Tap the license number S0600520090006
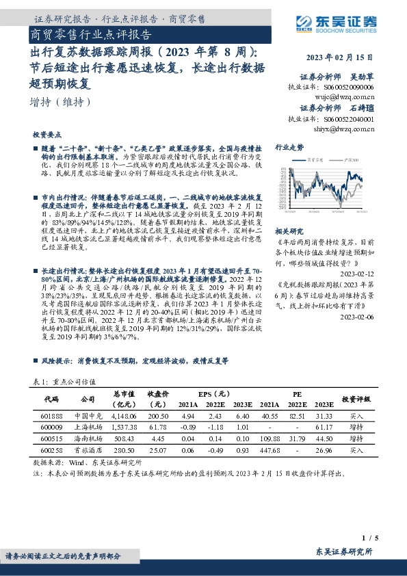(349, 88)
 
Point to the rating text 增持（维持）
(61, 103)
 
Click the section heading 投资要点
(47, 135)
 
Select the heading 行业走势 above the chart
(289, 148)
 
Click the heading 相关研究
(289, 231)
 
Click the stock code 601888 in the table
(52, 415)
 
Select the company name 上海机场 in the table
(87, 427)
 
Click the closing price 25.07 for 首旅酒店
(158, 450)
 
